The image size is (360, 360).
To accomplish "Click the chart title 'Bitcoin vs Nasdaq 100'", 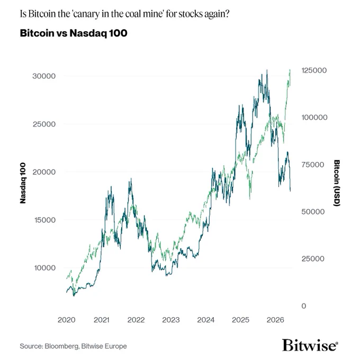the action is point(74,33).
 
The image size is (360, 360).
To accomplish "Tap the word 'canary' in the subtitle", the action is point(86,14).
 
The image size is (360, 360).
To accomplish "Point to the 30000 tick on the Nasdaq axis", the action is point(44,76).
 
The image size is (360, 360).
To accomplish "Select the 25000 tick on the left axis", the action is point(44,124).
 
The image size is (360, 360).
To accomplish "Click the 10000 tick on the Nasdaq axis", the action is point(45,268).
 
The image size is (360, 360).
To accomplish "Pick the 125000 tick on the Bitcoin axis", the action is point(314,70).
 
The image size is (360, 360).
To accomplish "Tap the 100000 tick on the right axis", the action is point(314,118).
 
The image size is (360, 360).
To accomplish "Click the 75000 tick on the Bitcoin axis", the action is point(313,165).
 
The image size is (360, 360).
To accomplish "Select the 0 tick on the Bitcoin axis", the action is point(304,306).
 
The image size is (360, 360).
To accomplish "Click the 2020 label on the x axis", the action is point(67,320).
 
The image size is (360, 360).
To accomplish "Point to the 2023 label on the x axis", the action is point(171,320).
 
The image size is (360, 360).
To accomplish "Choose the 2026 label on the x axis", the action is point(275,320).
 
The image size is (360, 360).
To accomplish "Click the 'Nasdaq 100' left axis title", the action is point(23,183).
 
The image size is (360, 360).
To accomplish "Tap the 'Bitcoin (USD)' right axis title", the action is point(337,183).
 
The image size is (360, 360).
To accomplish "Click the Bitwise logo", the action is point(310,345).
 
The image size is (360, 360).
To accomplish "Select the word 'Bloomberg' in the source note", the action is point(61,346).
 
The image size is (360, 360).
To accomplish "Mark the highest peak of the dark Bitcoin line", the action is point(267,70).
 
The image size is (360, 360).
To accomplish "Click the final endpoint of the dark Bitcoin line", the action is point(291,191).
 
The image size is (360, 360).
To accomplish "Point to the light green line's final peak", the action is point(290,69).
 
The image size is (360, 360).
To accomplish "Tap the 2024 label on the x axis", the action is point(206,320).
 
